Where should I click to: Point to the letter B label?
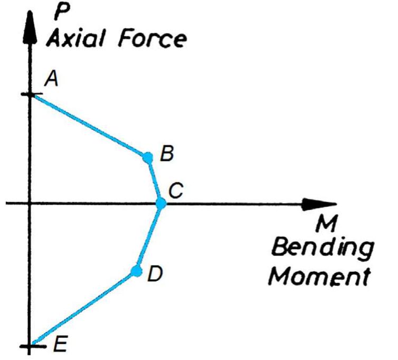[x=167, y=154]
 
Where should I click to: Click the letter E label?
[x=60, y=345]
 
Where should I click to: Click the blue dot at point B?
[x=148, y=156]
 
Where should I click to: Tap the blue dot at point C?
[x=161, y=203]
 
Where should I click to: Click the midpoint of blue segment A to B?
[x=90, y=126]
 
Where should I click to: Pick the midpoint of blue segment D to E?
[x=84, y=308]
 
